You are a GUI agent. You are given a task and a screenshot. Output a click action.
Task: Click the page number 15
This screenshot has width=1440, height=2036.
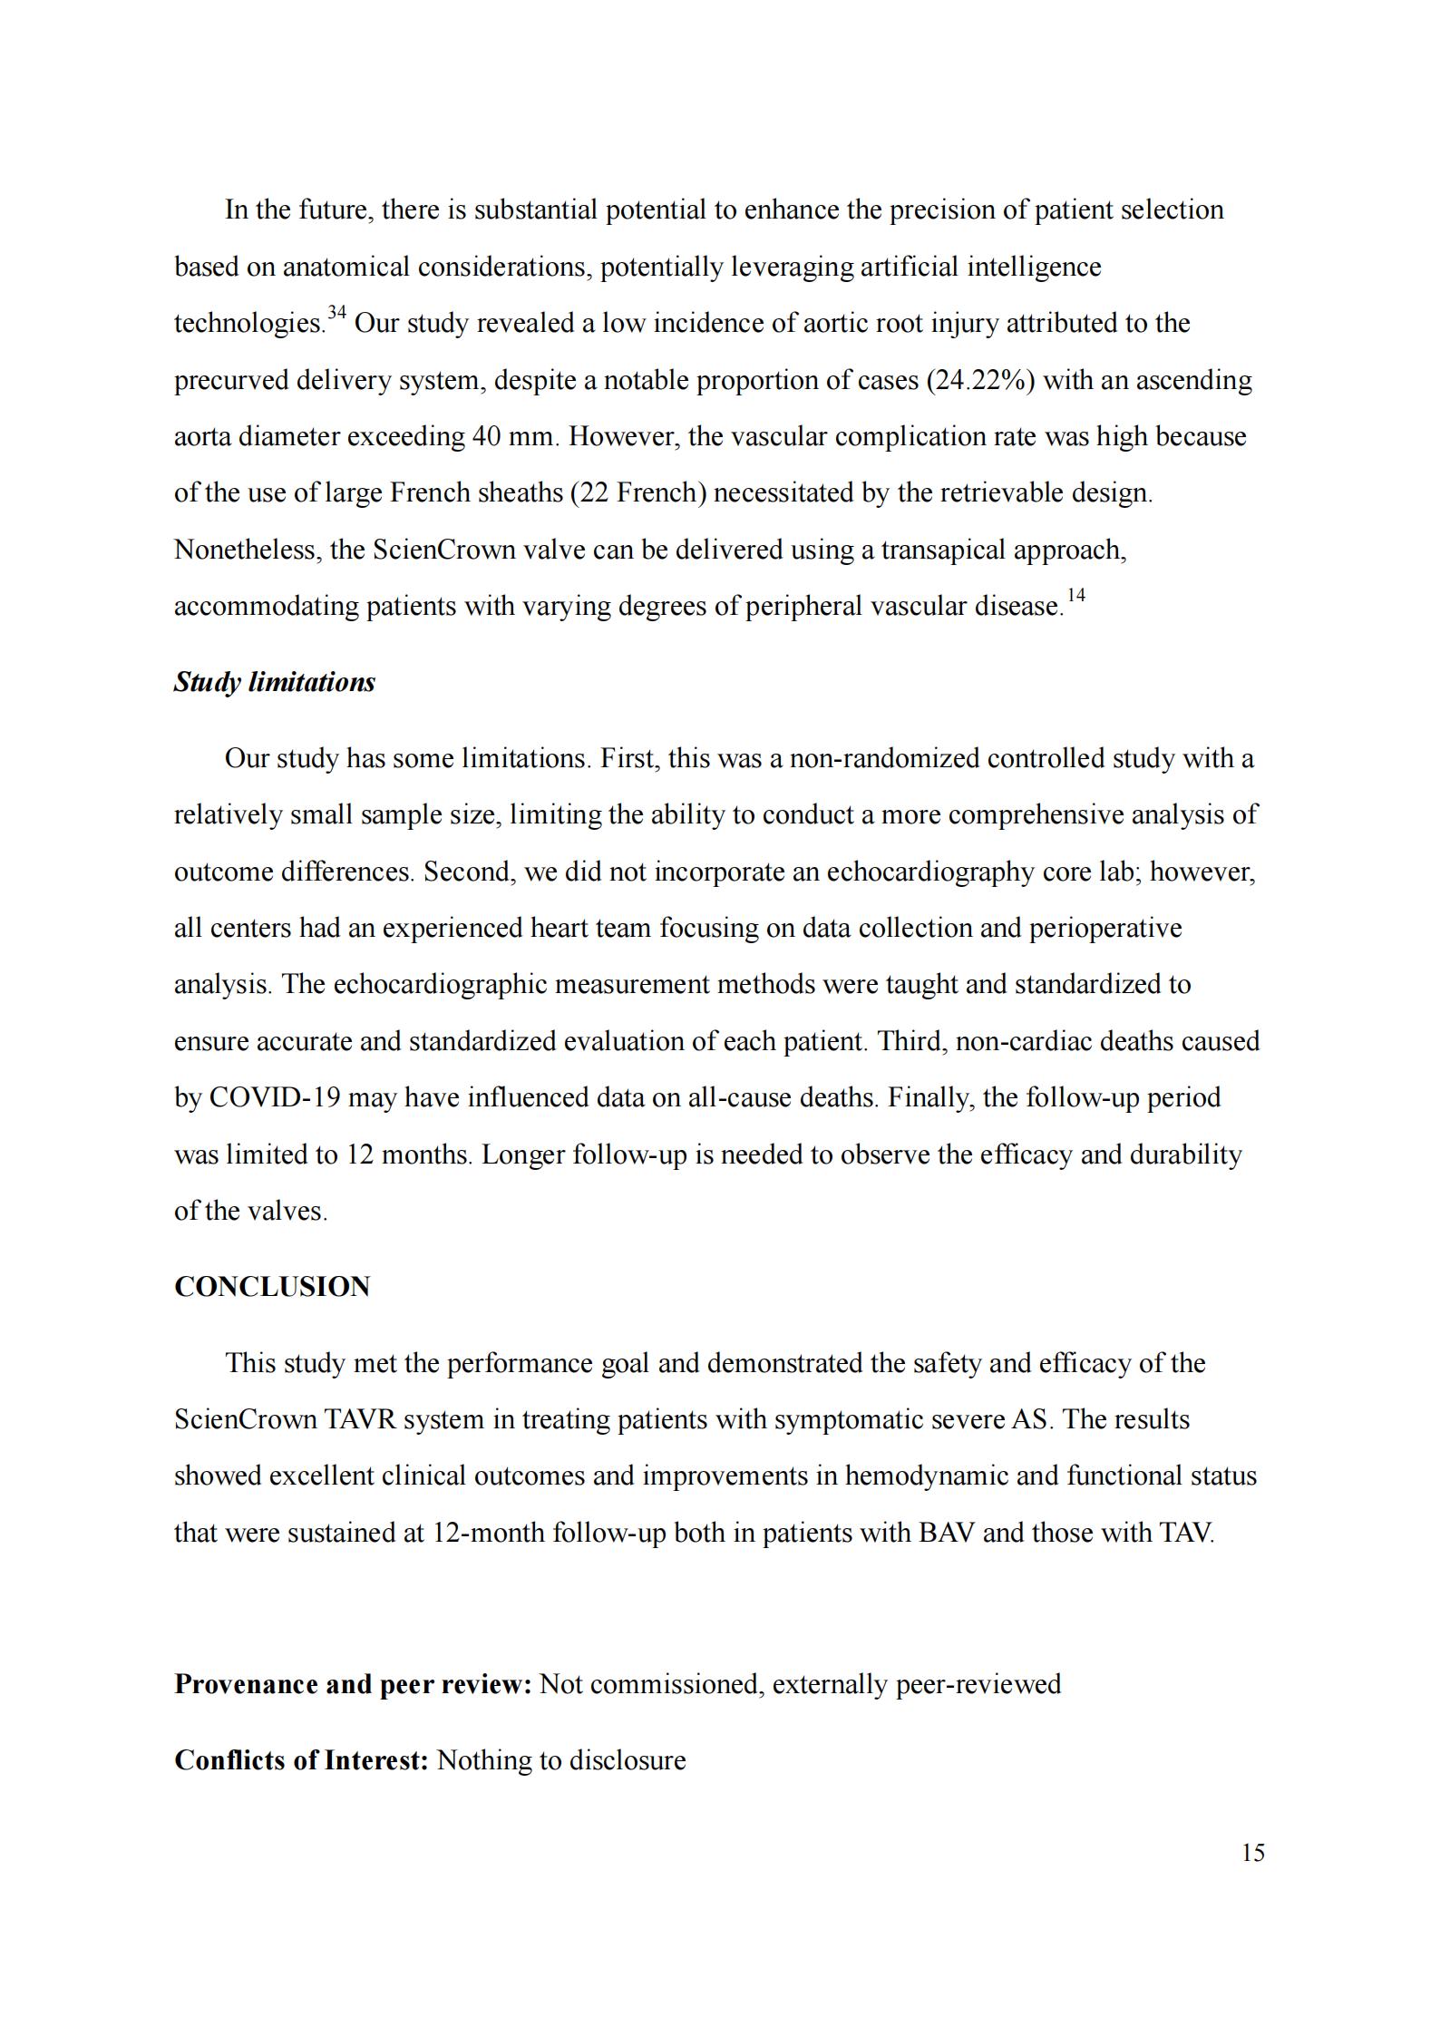(x=1252, y=1853)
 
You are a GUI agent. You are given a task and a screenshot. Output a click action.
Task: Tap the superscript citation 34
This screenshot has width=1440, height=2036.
(x=336, y=314)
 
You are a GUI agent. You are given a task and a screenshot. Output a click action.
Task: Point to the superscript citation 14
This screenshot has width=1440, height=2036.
(x=1075, y=596)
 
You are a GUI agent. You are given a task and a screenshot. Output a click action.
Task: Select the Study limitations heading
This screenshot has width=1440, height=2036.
(x=274, y=682)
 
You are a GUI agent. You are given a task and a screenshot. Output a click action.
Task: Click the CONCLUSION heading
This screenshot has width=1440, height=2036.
(x=272, y=1287)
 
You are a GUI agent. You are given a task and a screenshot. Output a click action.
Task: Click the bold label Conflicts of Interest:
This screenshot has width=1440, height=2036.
(x=301, y=1760)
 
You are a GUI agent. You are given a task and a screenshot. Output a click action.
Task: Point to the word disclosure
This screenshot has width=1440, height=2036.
(x=627, y=1760)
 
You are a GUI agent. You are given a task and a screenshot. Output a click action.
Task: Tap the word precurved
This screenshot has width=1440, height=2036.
(x=231, y=380)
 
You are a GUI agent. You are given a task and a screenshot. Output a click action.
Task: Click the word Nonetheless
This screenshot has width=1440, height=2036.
(x=244, y=550)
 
